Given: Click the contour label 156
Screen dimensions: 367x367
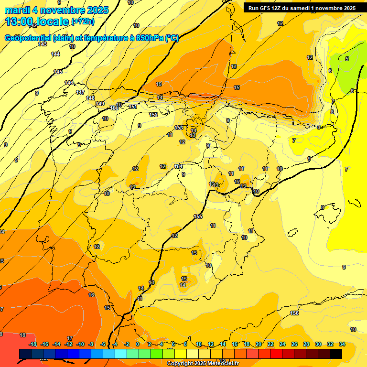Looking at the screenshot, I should (x=295, y=313).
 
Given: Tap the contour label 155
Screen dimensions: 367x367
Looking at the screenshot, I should (x=198, y=216).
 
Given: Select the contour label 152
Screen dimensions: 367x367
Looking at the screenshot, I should (x=153, y=115).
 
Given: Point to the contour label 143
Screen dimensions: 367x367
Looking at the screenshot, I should (x=43, y=44).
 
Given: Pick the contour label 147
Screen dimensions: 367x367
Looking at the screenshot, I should (x=80, y=92).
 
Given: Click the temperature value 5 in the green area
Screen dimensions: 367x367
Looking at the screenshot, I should (x=347, y=59).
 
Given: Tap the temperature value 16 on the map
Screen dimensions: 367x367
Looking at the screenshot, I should (x=91, y=295).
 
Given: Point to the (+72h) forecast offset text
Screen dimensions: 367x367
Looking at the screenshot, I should (x=83, y=22).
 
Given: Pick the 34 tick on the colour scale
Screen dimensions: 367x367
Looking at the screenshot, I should (x=342, y=344).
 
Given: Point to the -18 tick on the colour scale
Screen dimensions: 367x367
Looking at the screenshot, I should (x=33, y=344).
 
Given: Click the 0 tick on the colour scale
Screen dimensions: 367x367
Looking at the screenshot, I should (x=138, y=344).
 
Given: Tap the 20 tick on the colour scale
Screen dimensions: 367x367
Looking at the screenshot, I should (x=259, y=344).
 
